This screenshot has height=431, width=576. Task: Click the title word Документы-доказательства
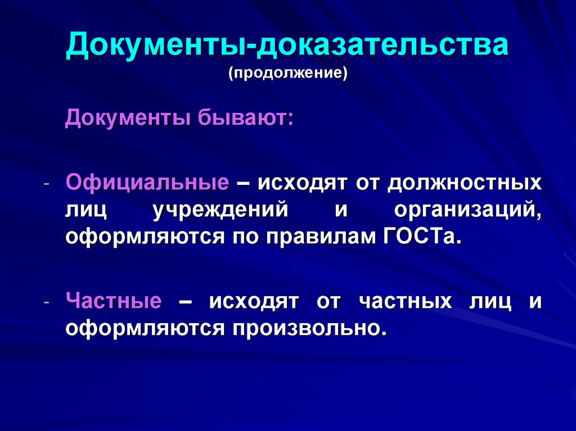coord(287,47)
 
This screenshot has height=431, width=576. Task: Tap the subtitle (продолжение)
coord(287,74)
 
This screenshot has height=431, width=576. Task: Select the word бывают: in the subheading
coord(245,119)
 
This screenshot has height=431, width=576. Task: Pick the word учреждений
coord(220,210)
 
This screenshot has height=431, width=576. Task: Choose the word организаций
coord(467,210)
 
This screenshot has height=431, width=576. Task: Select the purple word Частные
coord(114,301)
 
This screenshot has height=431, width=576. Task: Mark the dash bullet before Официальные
coord(48,185)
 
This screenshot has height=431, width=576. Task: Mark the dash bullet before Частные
coord(48,303)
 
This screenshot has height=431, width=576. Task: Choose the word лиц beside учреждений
coord(85,210)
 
